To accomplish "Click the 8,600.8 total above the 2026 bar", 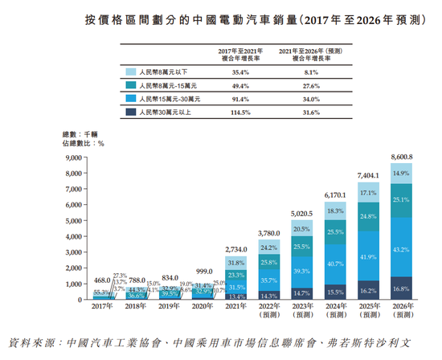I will (x=401, y=157).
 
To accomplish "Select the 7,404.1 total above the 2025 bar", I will (x=367, y=175).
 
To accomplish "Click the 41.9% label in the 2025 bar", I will (x=367, y=256).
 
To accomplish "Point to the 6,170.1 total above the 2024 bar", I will (x=334, y=195).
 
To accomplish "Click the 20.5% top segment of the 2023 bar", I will (x=301, y=229).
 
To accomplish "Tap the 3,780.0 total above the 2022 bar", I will (x=268, y=233).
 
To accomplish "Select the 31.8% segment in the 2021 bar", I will (x=236, y=263).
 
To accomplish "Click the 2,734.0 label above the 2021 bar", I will (x=236, y=250).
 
